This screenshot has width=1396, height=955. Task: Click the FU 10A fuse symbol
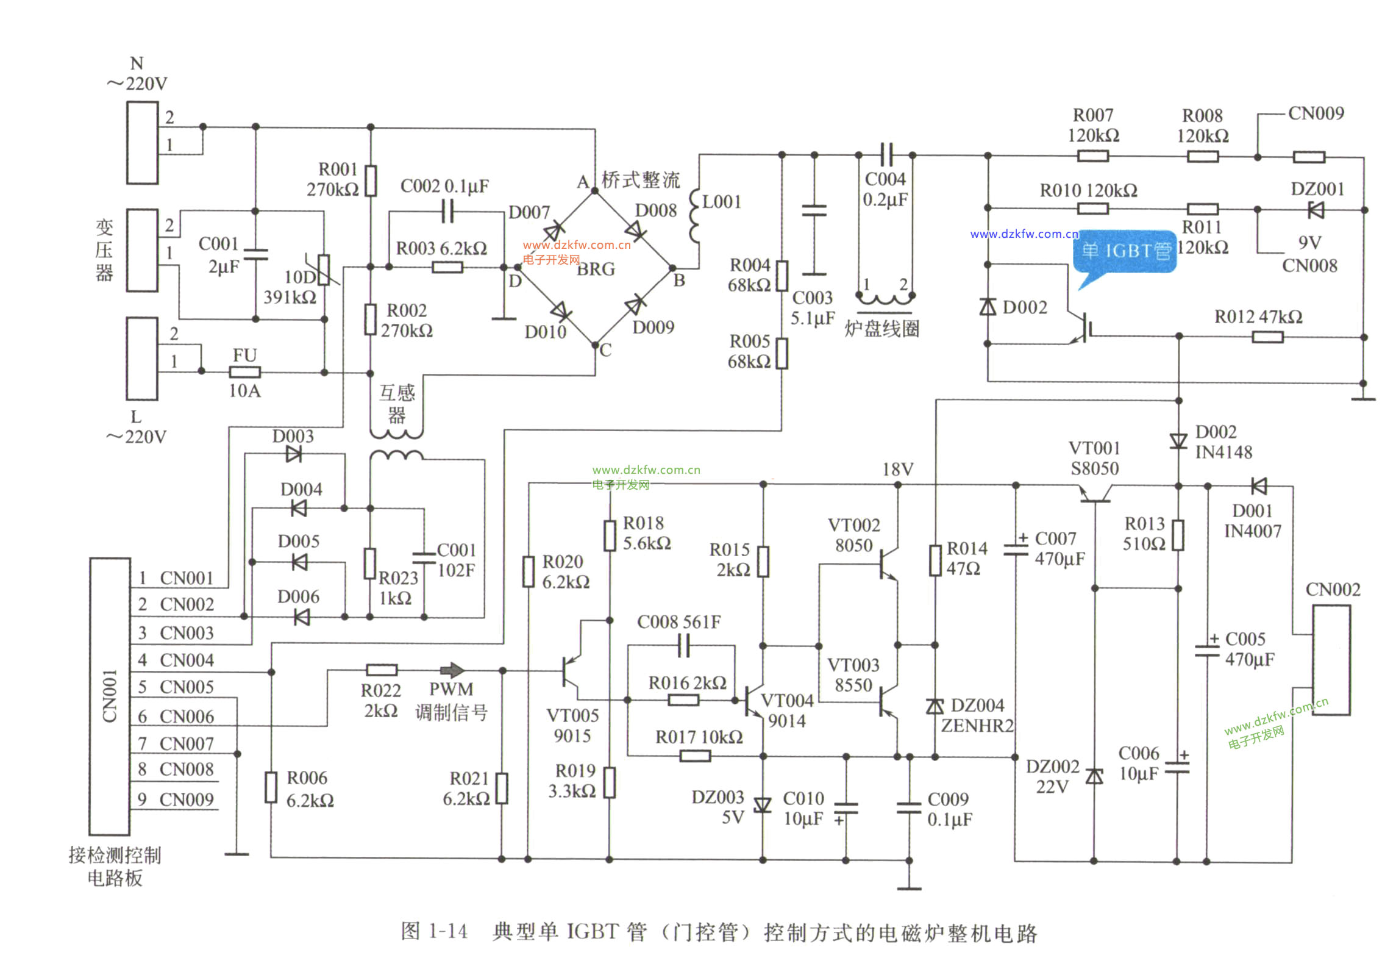244,371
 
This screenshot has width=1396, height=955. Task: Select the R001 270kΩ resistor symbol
371,181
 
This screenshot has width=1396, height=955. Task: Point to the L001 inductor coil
694,216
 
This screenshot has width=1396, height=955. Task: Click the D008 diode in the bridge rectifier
634,230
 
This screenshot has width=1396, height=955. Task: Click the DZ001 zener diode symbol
1316,210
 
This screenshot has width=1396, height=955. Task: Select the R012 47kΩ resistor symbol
1267,337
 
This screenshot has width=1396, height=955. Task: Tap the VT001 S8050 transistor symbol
1095,494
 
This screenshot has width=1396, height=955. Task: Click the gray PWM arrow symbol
452,670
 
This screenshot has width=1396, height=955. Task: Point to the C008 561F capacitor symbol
683,645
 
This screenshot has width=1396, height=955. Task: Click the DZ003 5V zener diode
763,806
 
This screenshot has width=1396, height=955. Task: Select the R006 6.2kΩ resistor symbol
271,787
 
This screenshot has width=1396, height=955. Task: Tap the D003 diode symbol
293,454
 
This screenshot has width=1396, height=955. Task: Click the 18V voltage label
898,469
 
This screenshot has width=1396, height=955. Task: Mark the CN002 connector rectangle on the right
1331,660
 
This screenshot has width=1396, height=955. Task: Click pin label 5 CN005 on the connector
176,687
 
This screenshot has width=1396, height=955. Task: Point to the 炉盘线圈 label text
881,329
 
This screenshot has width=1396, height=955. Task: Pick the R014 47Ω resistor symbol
935,560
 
